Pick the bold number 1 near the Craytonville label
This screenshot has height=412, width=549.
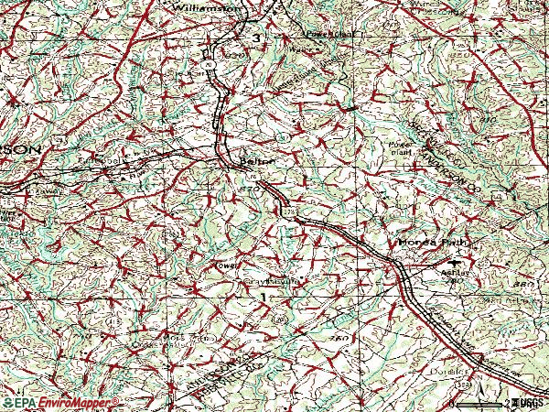point(264,299)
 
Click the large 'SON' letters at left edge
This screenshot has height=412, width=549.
point(20,147)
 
